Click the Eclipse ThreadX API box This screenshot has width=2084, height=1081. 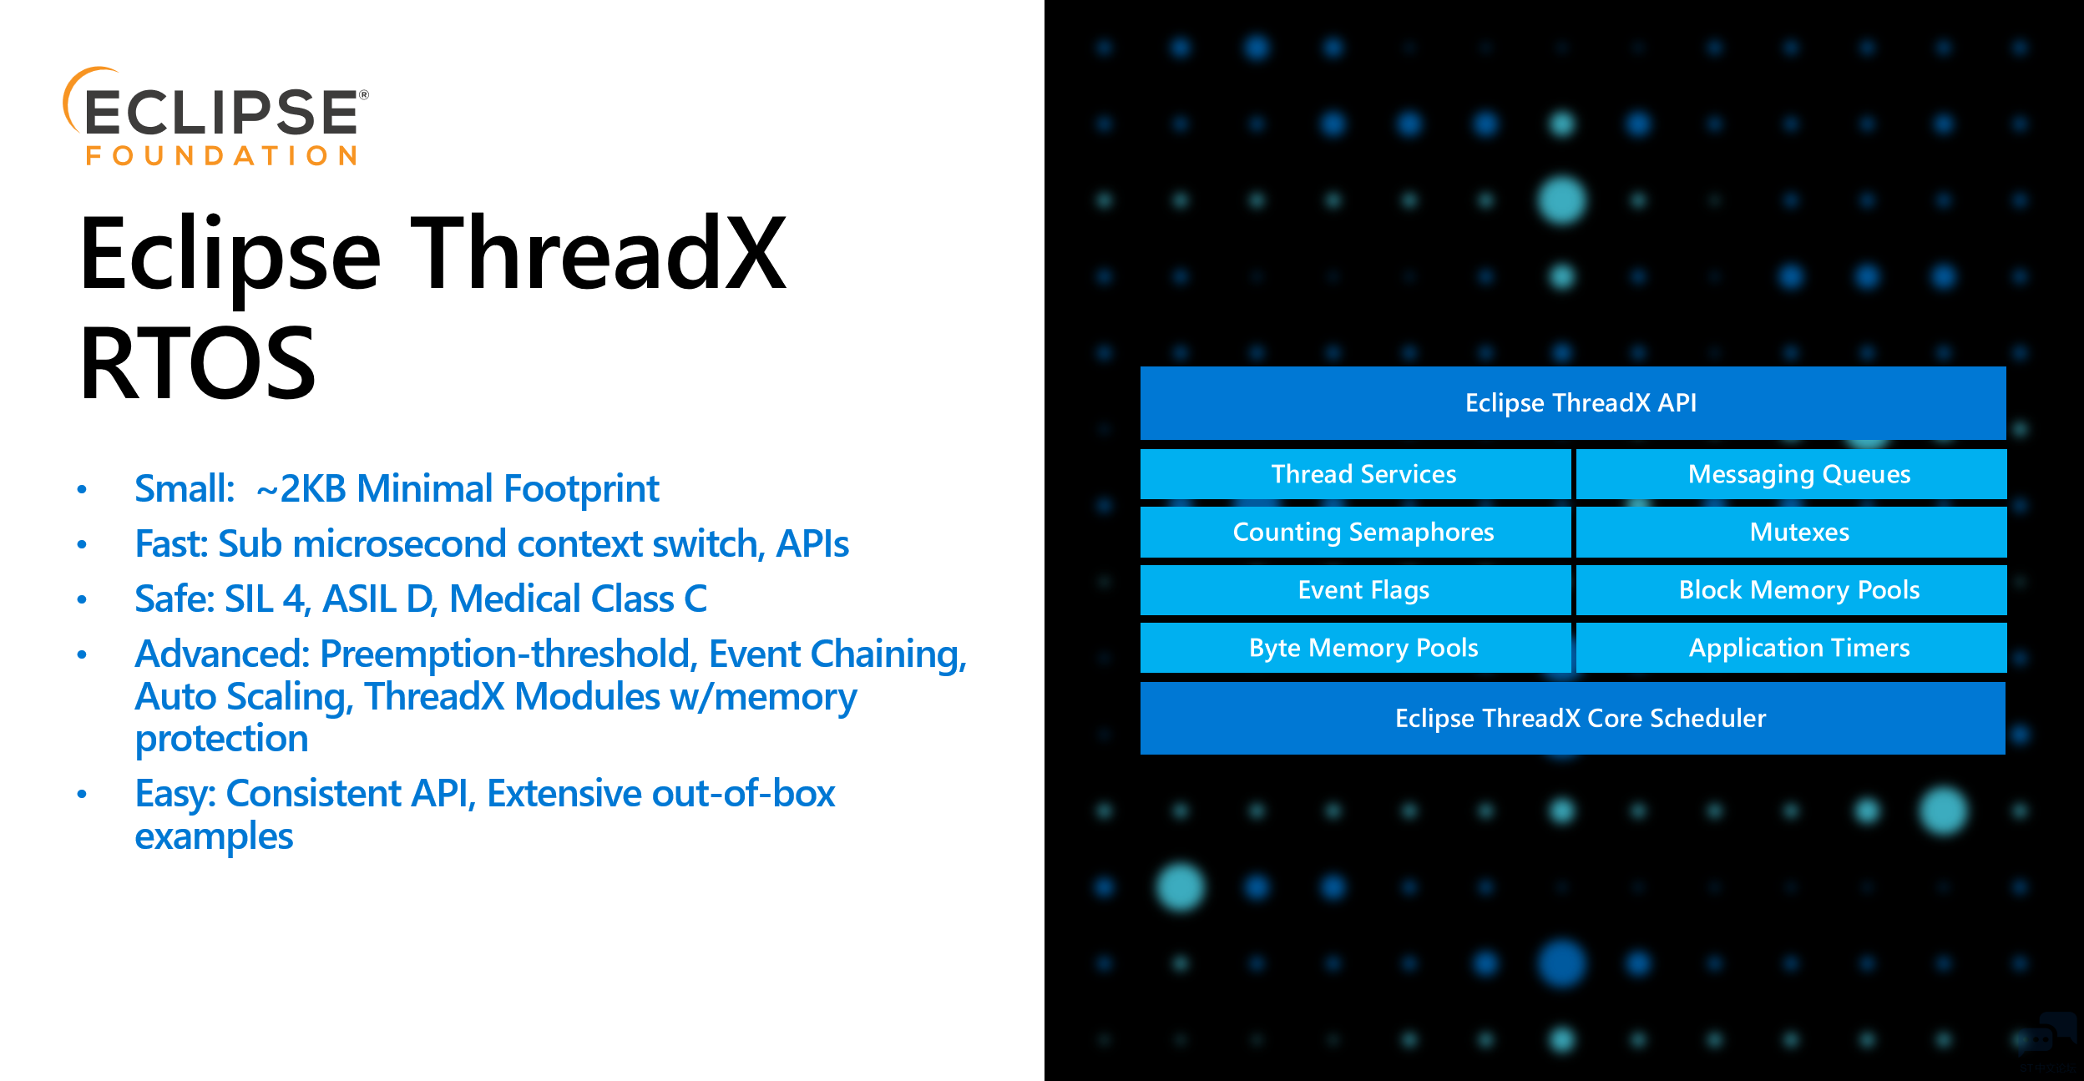click(1573, 403)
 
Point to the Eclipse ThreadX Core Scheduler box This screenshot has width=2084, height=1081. click(1573, 718)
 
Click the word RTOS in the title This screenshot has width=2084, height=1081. click(198, 364)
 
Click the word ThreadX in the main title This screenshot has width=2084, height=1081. click(598, 254)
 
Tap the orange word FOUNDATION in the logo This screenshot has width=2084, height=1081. click(221, 156)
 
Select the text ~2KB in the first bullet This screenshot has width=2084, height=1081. click(301, 489)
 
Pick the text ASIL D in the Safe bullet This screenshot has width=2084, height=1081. click(378, 599)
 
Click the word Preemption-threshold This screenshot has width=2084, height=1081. click(508, 654)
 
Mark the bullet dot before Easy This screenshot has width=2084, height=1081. click(82, 794)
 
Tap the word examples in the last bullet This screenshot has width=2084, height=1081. click(214, 836)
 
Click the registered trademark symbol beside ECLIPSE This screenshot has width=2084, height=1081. click(363, 95)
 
